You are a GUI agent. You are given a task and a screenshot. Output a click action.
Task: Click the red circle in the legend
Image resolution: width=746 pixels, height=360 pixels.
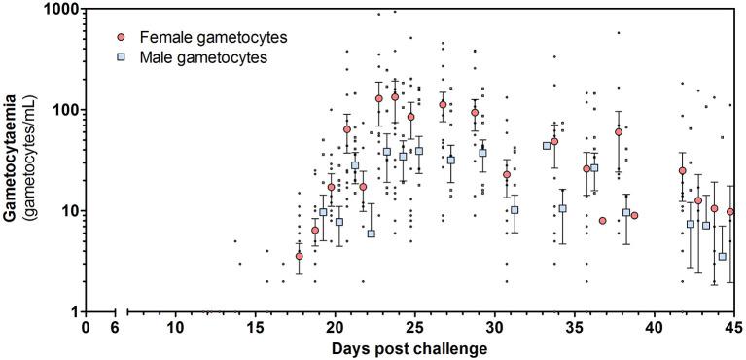pyautogui.click(x=121, y=37)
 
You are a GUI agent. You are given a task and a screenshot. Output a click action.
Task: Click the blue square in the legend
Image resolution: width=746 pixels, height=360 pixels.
pyautogui.click(x=121, y=58)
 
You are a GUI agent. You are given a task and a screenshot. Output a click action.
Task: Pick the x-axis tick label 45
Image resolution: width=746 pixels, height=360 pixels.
pyautogui.click(x=732, y=328)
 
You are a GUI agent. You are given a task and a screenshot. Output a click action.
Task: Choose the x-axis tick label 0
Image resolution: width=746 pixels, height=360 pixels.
pyautogui.click(x=86, y=328)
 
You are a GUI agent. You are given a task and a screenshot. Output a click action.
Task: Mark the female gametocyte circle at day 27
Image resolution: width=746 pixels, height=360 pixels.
pyautogui.click(x=443, y=104)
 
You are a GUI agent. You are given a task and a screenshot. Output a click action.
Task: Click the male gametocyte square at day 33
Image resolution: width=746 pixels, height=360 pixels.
pyautogui.click(x=547, y=146)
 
